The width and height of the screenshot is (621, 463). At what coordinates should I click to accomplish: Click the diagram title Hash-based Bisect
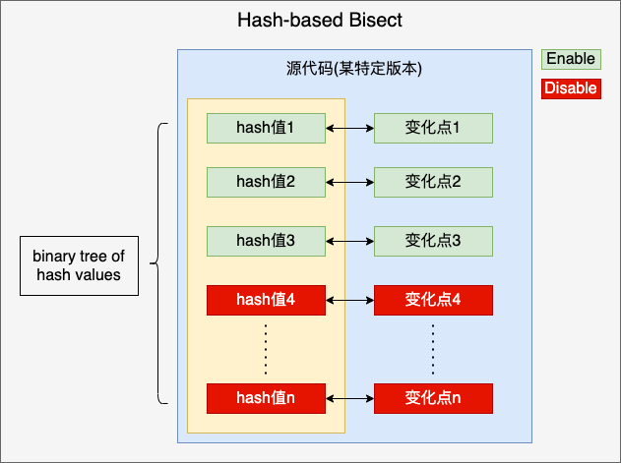[x=320, y=20]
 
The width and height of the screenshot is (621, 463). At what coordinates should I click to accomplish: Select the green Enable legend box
[x=571, y=59]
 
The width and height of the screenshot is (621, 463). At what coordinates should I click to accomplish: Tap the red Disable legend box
[x=571, y=88]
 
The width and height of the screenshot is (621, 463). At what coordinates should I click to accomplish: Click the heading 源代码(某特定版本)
[x=354, y=69]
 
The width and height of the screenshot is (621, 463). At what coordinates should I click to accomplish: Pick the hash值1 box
[x=266, y=128]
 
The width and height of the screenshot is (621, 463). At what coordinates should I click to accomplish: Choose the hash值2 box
[x=266, y=182]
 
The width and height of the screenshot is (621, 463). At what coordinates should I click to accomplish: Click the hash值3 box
[x=266, y=241]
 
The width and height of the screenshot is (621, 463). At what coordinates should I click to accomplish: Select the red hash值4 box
[x=266, y=300]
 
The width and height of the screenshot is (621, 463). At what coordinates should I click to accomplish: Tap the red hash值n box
[x=266, y=398]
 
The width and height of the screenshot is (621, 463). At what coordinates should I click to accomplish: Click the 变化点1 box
[x=433, y=128]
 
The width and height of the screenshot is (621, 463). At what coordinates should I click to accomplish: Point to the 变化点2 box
[x=433, y=182]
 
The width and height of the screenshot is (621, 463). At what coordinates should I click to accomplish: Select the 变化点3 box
[x=433, y=241]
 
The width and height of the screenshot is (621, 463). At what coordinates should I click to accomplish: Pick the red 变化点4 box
[x=433, y=300]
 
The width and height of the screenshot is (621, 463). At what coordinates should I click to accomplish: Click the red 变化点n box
[x=433, y=398]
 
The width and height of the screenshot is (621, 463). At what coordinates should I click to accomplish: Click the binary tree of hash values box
[x=79, y=266]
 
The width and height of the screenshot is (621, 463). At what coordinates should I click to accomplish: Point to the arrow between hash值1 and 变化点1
[x=349, y=128]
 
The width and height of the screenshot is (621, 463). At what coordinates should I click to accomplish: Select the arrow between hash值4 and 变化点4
[x=349, y=301]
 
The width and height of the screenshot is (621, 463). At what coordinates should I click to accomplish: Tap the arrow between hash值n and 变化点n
[x=349, y=398]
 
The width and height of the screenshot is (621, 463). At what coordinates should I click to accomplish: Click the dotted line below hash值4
[x=266, y=349]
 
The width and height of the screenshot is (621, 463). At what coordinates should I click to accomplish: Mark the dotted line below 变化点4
[x=433, y=349]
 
